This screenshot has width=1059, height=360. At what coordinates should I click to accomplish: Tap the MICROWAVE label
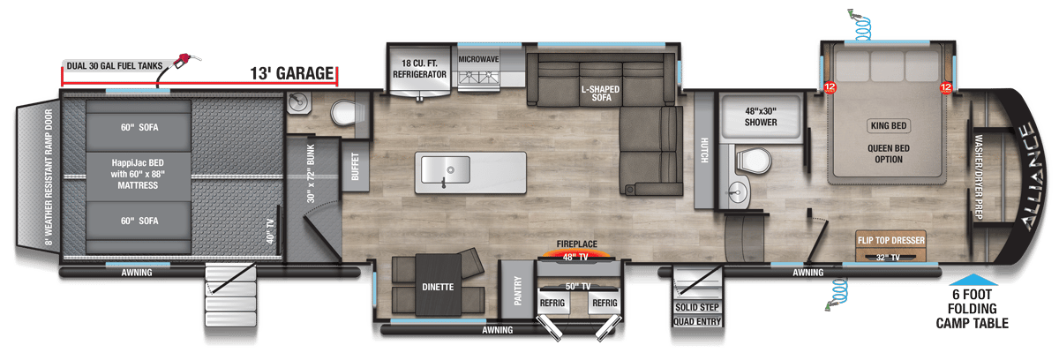click(x=478, y=59)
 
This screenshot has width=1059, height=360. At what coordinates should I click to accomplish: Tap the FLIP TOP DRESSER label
click(x=889, y=238)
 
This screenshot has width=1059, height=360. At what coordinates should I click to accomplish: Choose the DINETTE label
click(x=437, y=287)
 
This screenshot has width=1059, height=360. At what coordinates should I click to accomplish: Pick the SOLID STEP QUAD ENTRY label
click(x=697, y=313)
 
